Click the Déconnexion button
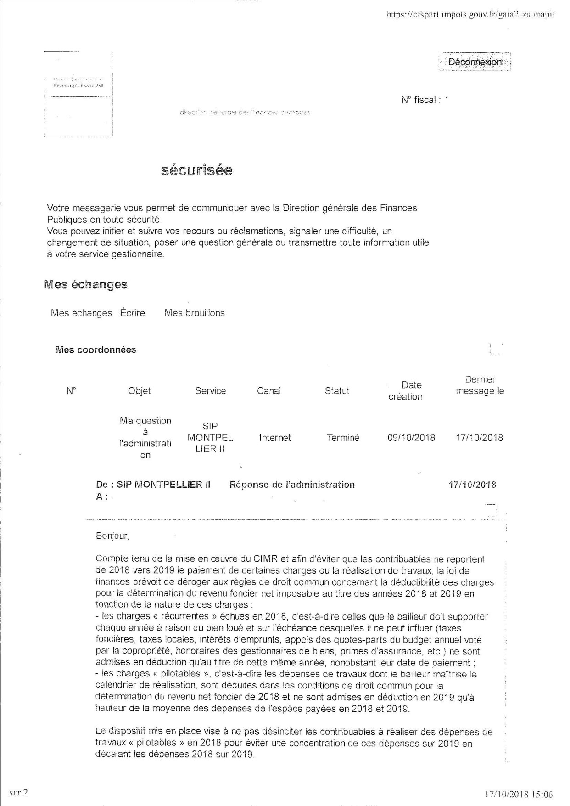click(475, 62)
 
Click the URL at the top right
click(470, 14)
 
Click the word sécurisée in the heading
click(196, 170)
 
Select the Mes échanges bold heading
click(86, 285)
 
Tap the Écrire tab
click(133, 313)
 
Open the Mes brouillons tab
click(195, 313)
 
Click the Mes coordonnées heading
click(96, 350)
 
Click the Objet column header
click(140, 391)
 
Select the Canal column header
click(269, 391)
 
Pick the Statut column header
click(337, 391)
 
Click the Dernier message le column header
click(480, 385)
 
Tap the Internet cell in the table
click(275, 438)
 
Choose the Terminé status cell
click(343, 438)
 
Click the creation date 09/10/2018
click(411, 438)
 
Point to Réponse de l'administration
click(292, 485)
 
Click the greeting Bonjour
click(112, 536)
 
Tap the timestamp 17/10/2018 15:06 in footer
click(519, 794)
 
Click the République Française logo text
click(78, 86)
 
